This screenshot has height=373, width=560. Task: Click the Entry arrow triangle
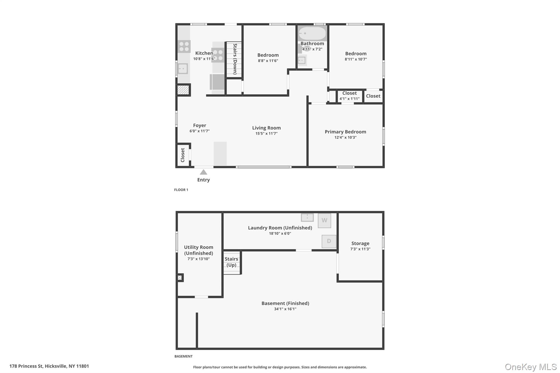coord(203,172)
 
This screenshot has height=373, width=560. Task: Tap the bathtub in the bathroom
coord(312,33)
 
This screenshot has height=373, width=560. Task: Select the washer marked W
coord(324,221)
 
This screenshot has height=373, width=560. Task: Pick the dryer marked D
coord(329,241)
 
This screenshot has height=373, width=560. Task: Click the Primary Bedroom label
coord(345,132)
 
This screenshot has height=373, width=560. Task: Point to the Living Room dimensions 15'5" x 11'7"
coord(266,134)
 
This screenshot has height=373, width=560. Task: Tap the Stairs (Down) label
coord(235,59)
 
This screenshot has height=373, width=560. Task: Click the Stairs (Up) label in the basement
coord(231,262)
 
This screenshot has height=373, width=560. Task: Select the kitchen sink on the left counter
coord(183,69)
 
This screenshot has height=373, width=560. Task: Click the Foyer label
coord(200,125)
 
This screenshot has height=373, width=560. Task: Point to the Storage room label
coord(360,243)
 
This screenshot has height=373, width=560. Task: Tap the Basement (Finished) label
coord(285,303)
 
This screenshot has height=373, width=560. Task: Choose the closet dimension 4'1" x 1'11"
coord(349,99)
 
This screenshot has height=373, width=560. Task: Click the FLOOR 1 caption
coord(181,190)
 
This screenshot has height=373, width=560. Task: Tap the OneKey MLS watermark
coord(530,367)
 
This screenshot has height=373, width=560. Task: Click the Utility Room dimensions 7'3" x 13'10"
coord(199,259)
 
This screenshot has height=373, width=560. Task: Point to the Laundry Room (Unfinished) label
coord(280,228)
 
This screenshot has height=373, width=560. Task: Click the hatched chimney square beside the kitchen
coord(183,90)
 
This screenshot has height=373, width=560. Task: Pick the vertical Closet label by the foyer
coord(183,155)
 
